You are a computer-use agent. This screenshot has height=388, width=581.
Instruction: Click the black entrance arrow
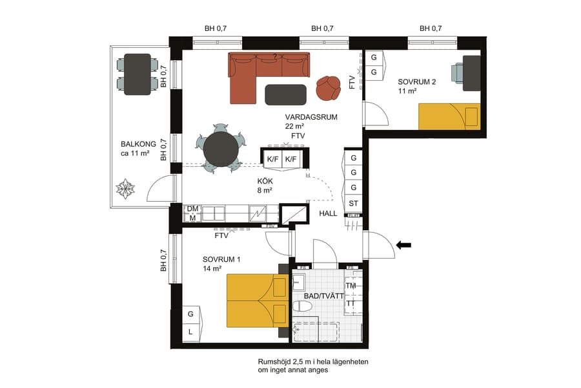tap(403, 245)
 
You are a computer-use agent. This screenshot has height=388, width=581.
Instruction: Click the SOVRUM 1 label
tap(221, 259)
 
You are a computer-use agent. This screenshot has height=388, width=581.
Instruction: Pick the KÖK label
tap(265, 182)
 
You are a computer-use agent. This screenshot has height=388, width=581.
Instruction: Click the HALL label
tap(329, 213)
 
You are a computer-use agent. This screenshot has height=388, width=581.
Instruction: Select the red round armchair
tap(329, 88)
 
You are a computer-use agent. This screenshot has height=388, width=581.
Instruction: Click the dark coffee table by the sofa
tap(286, 94)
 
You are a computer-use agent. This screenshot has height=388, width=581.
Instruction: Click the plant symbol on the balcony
tap(125, 189)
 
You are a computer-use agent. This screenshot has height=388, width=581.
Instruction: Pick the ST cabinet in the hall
tap(353, 203)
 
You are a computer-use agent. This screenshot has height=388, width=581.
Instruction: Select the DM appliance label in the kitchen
tap(192, 209)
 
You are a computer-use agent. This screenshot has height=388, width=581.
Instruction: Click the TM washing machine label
tap(351, 285)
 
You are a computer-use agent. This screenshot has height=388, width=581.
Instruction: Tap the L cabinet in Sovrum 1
tap(190, 332)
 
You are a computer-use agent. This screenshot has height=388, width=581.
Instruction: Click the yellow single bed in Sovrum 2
tap(449, 116)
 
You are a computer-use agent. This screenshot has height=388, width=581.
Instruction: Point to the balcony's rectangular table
tap(137, 74)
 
